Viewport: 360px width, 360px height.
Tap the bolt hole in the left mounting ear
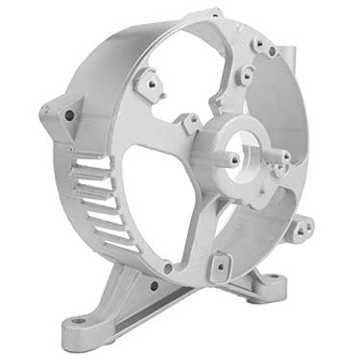click(69, 115)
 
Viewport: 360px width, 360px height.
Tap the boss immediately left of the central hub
click(191, 122)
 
